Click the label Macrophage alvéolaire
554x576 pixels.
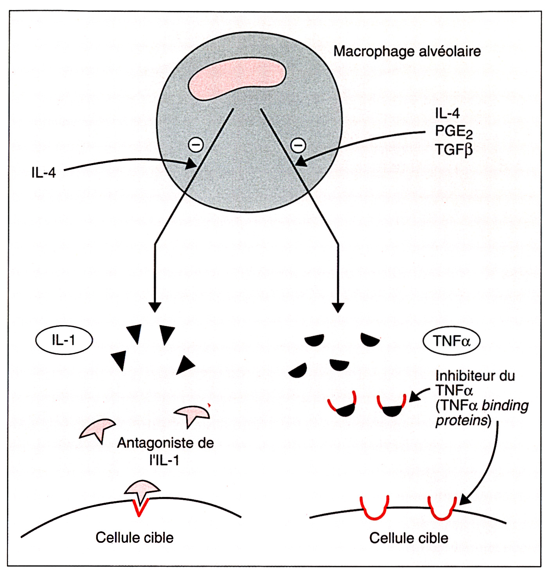click(x=407, y=51)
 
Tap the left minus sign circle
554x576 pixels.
click(x=196, y=145)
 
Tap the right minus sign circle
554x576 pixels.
click(x=298, y=145)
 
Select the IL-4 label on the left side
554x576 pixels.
click(x=43, y=173)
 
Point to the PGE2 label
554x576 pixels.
click(x=454, y=131)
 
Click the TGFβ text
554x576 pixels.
click(x=454, y=149)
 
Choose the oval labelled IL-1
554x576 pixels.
click(x=64, y=340)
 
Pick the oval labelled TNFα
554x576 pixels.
click(x=451, y=341)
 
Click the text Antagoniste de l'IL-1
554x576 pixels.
click(x=165, y=451)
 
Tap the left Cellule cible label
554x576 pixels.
click(x=134, y=538)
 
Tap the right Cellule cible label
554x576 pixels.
click(x=408, y=538)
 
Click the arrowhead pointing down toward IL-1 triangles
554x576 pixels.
click(x=155, y=307)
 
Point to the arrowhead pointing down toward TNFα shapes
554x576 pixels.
click(x=338, y=308)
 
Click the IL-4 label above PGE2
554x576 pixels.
click(x=447, y=113)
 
